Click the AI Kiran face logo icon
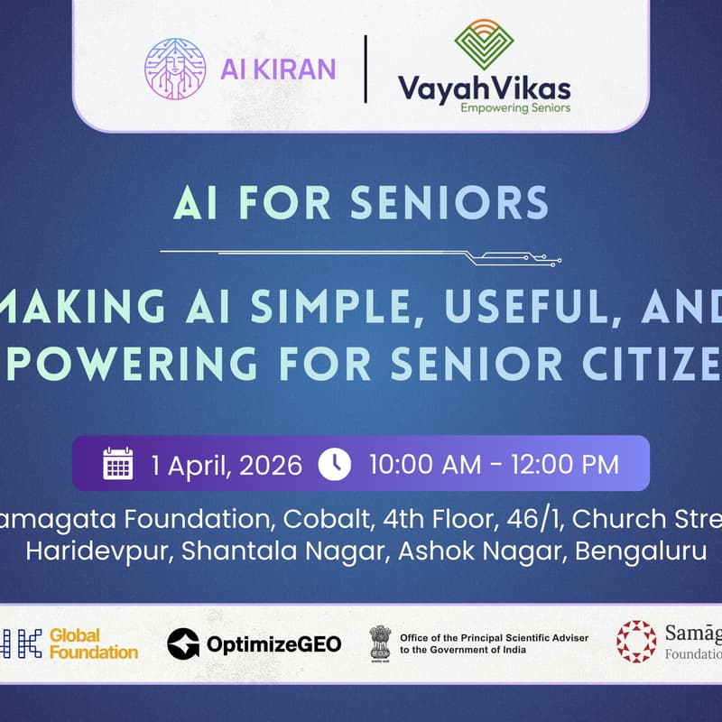[x=175, y=69]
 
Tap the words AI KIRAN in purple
[x=277, y=69]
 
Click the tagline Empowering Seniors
[x=515, y=106]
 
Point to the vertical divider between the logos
[x=366, y=69]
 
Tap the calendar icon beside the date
[x=118, y=463]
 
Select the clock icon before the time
[x=335, y=463]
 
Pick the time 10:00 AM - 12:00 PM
[x=494, y=464]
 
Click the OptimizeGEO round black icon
[x=183, y=643]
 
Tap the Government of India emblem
[x=381, y=643]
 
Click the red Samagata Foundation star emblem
[x=636, y=642]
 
